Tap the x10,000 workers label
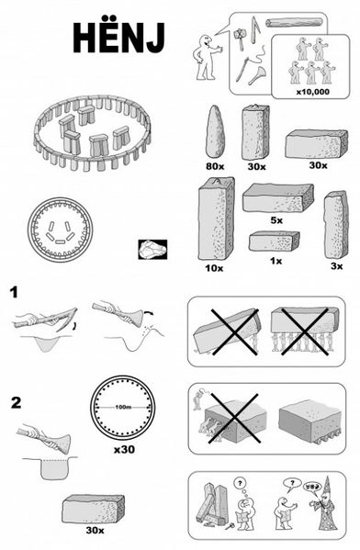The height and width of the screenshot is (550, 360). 312,92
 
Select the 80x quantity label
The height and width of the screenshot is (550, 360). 215,166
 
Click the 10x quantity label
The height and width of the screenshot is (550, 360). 214,268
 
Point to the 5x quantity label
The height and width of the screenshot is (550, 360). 276,220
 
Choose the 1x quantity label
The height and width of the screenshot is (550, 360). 276,261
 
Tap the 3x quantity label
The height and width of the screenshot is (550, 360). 336,266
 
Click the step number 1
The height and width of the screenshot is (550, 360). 14,293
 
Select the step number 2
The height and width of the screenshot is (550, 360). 16,403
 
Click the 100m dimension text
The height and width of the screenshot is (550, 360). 123,408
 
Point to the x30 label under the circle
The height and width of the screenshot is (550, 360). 124,449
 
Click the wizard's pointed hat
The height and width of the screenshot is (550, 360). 328,486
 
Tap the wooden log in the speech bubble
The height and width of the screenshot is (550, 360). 294,23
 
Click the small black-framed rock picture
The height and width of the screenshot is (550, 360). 152,250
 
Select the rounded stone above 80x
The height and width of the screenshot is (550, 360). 215,131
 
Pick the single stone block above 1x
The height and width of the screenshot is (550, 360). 274,241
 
